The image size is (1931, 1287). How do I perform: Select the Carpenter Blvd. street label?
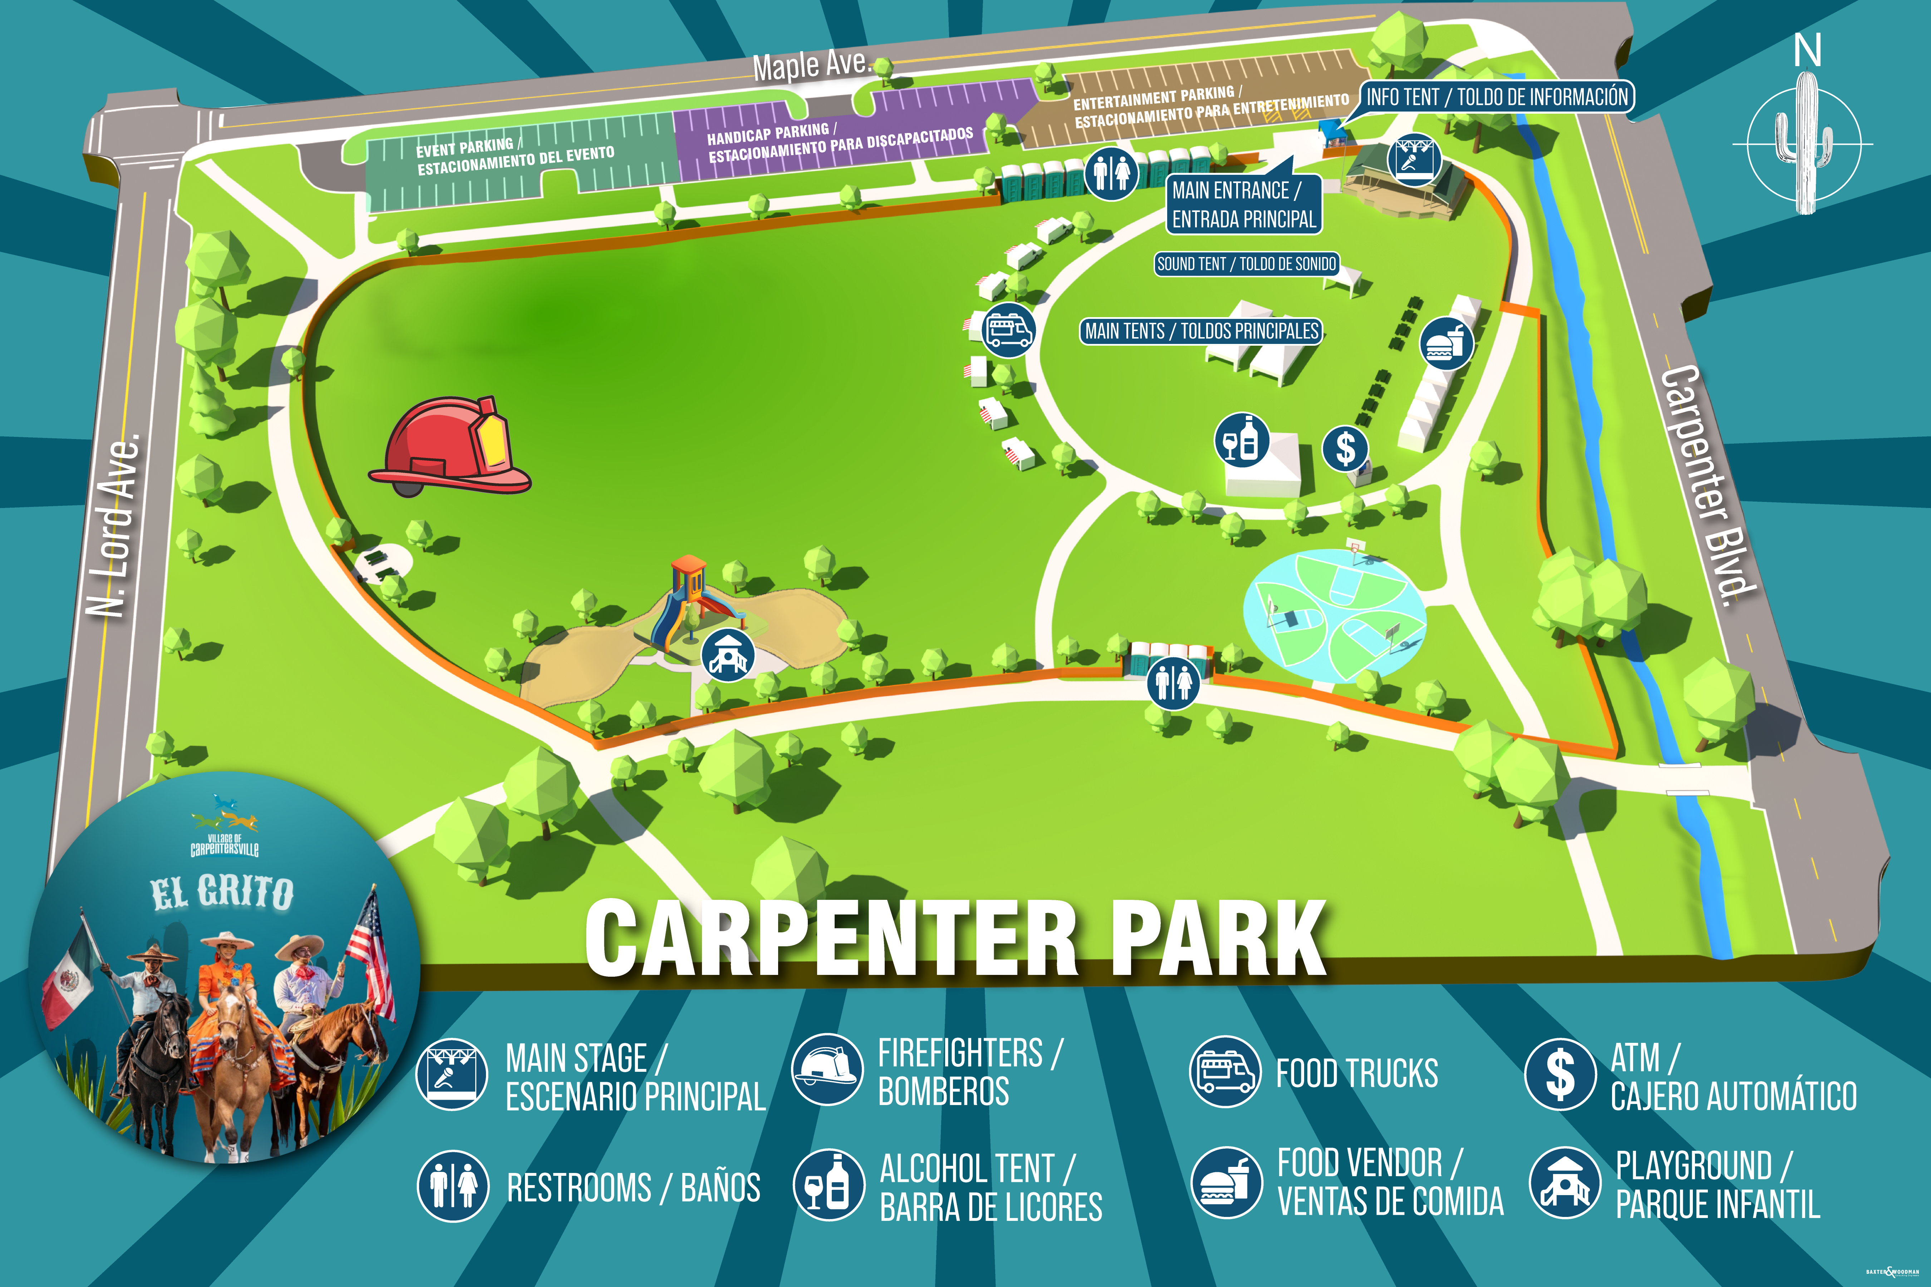coord(1708,484)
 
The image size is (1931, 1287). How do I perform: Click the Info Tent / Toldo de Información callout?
coord(1496,97)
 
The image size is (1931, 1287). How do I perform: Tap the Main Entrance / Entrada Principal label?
coord(1243,204)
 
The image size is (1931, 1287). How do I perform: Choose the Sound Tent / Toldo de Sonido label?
coord(1246,263)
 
